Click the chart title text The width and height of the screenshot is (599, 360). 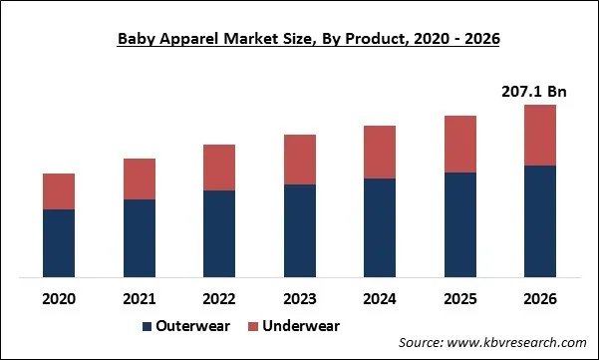tap(299, 39)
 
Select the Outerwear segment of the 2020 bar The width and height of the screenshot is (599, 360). tap(59, 242)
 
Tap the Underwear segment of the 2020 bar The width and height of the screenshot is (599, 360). tap(59, 190)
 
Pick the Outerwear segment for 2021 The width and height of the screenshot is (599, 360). tap(140, 237)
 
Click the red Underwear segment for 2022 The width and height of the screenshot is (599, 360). tap(219, 168)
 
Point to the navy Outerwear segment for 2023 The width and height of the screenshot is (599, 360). tap(299, 230)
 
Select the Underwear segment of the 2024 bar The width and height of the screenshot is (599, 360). tap(380, 152)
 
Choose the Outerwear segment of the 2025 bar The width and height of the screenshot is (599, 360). tap(459, 224)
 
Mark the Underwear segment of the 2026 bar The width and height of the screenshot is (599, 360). tap(539, 135)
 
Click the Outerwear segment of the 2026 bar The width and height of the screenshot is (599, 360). tap(539, 220)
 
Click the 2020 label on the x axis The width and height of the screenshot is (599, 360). tap(59, 298)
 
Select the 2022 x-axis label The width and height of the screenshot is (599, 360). tap(219, 298)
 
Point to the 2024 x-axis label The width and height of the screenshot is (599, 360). tap(380, 298)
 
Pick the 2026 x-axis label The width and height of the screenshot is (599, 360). tap(539, 298)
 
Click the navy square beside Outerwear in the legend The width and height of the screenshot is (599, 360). tap(149, 327)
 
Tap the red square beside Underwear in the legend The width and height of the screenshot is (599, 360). tap(253, 327)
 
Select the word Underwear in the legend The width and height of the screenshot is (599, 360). tap(301, 326)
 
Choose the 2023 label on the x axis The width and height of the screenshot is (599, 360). tap(299, 298)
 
